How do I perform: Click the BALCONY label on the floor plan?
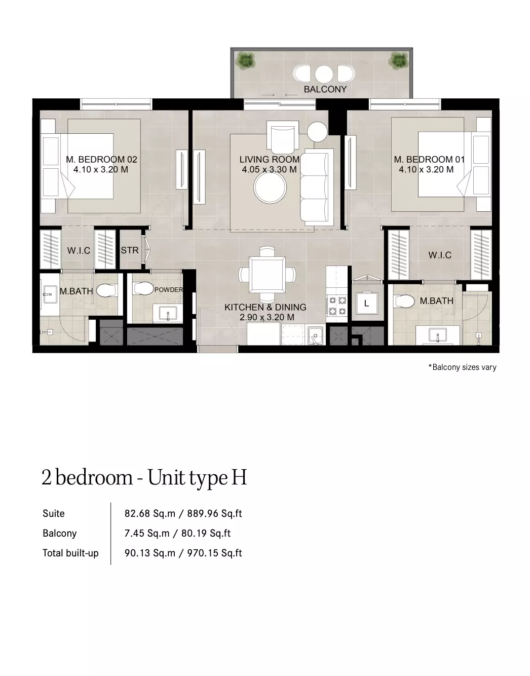point(325,89)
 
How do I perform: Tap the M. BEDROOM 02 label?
point(101,160)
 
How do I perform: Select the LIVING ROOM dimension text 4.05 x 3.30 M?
point(269,170)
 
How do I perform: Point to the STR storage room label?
point(129,250)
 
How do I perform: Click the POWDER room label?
point(169,290)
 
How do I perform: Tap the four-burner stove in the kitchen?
point(337,306)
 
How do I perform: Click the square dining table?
point(267,275)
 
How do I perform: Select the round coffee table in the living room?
point(270,187)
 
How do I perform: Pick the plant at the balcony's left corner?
point(245,59)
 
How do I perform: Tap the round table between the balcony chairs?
point(324,74)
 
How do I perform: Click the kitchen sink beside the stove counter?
point(316,335)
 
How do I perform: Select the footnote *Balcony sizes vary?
point(462,367)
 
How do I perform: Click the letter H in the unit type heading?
point(239,477)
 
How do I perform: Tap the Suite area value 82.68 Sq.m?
point(150,513)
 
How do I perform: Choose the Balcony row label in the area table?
point(59,534)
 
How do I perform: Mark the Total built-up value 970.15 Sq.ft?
point(214,553)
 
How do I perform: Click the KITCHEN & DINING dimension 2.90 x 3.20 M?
point(267,317)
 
